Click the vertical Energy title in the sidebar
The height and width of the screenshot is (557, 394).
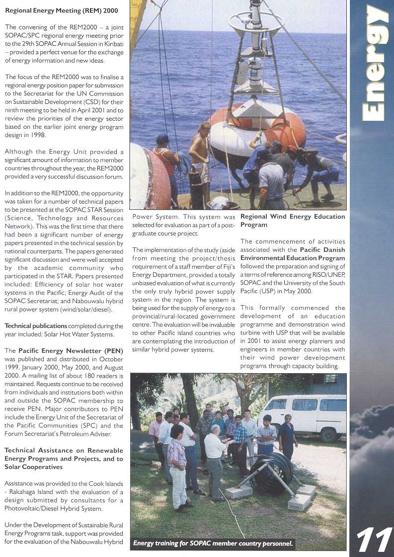click(376, 64)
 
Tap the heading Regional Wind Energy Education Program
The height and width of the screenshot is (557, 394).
click(292, 220)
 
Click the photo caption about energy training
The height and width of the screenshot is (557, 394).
click(213, 544)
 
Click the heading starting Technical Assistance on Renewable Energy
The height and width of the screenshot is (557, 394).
click(64, 454)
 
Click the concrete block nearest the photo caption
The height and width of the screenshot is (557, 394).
click(300, 502)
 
